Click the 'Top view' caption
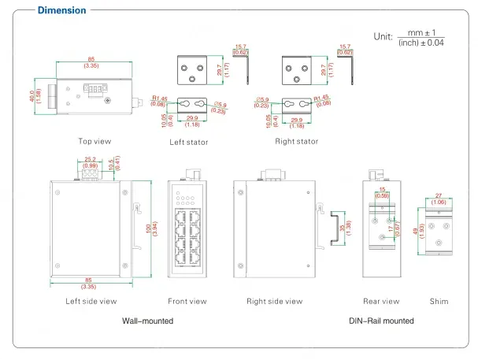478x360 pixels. (x=94, y=142)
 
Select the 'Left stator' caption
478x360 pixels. (x=189, y=143)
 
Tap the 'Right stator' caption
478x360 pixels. (x=297, y=142)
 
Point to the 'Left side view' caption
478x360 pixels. (x=91, y=301)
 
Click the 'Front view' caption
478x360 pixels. (x=187, y=301)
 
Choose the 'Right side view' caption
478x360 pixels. (x=274, y=301)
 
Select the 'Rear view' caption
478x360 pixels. (x=381, y=301)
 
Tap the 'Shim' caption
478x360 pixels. (x=439, y=301)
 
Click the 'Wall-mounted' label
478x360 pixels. (x=147, y=321)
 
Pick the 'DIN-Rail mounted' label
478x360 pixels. (x=381, y=321)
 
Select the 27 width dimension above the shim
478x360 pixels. (x=439, y=196)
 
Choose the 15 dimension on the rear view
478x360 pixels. (x=382, y=191)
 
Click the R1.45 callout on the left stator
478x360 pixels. (x=157, y=98)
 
